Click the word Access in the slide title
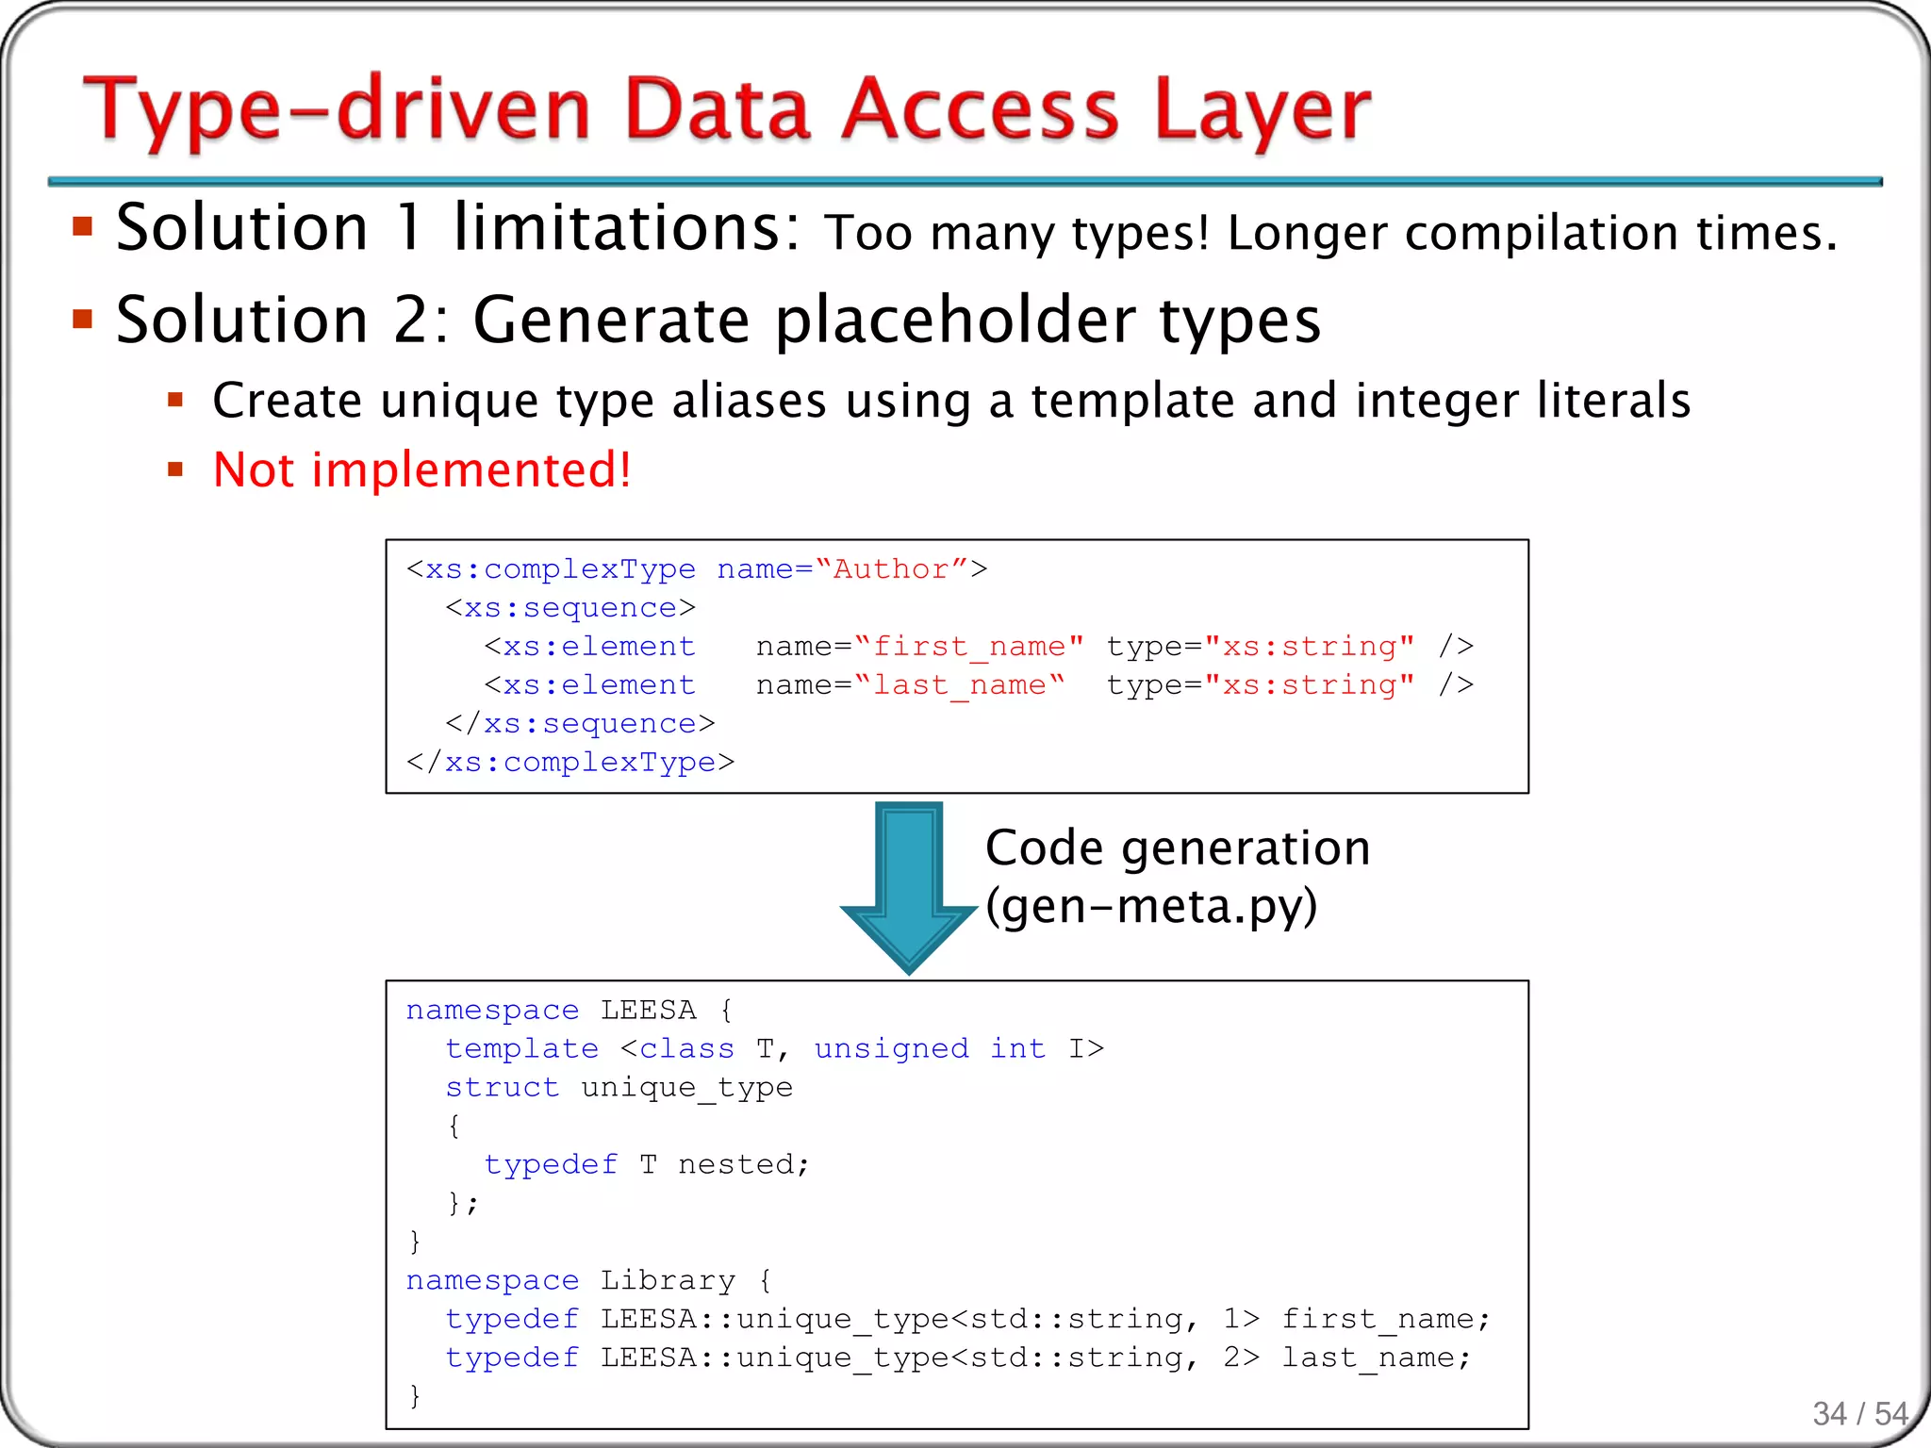click(981, 111)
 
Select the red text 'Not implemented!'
click(421, 469)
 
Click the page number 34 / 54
click(1859, 1413)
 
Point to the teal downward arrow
click(909, 886)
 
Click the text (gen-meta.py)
click(1150, 907)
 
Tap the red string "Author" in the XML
click(890, 569)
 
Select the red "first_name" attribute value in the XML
click(968, 647)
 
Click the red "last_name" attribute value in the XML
click(959, 685)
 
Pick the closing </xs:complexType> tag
click(569, 762)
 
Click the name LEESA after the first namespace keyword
click(649, 1011)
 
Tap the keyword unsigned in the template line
click(891, 1049)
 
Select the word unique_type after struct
click(686, 1088)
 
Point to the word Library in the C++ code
click(668, 1280)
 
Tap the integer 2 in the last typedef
click(1231, 1357)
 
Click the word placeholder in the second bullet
click(955, 321)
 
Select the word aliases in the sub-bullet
click(749, 401)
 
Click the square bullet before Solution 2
click(83, 319)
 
